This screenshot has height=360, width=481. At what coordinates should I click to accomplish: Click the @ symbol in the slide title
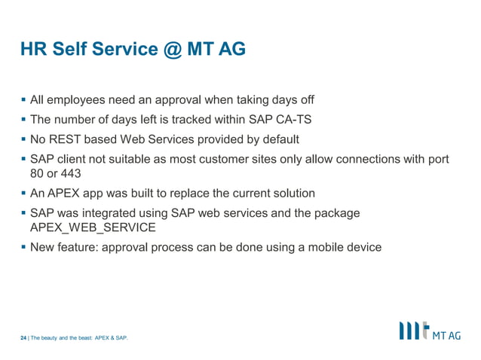pos(167,50)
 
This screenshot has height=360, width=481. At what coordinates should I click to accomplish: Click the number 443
pos(71,173)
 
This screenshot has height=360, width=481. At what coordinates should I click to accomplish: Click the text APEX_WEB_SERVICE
pos(93,227)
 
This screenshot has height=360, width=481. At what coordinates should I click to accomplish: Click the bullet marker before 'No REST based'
pos(23,139)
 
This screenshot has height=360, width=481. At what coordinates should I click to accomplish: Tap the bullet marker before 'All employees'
pos(23,100)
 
